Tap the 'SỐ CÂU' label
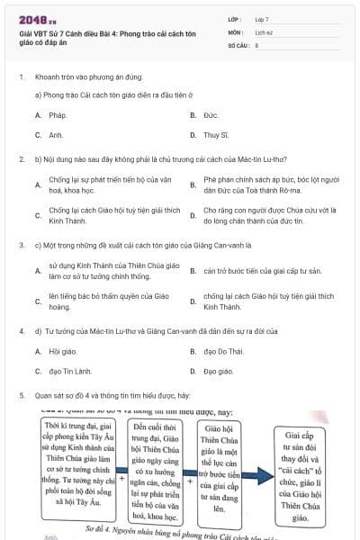(x=237, y=43)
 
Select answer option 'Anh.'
(x=56, y=135)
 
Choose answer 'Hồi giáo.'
(x=62, y=351)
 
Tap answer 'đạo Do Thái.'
(x=223, y=351)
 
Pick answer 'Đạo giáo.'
(x=219, y=371)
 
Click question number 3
(x=21, y=244)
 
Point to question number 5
(x=21, y=395)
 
